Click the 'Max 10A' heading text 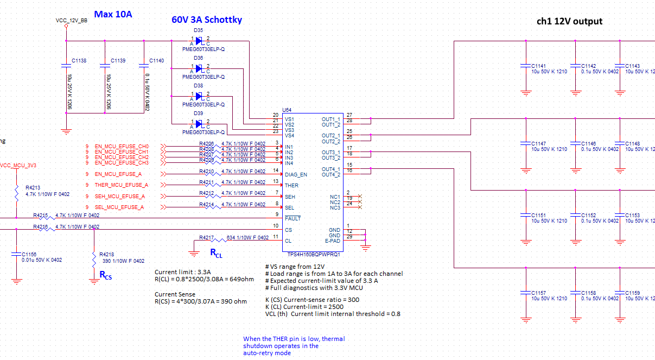point(113,14)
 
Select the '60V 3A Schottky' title point(207,20)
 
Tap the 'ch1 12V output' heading point(569,21)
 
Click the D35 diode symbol point(199,41)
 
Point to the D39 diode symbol point(199,123)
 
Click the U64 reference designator point(287,110)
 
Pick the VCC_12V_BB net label point(72,20)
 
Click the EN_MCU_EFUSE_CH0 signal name point(122,147)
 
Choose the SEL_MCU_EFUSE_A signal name point(119,207)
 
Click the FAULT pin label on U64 point(293,219)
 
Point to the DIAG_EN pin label point(296,174)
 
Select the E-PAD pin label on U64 point(333,241)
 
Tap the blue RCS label point(105,275)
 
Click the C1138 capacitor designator point(79,61)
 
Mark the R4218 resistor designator point(107,254)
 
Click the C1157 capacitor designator point(539,293)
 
